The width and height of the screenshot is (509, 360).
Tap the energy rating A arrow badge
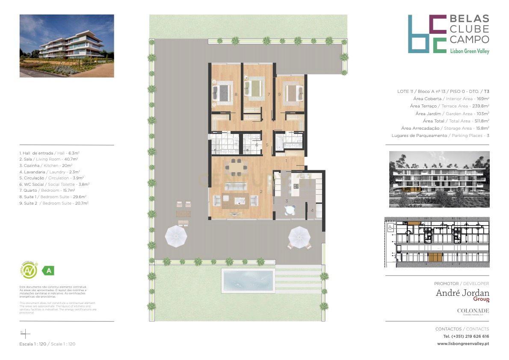[48, 271]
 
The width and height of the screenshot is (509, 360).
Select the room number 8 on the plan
[236, 94]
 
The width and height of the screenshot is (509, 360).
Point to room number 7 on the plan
[269, 94]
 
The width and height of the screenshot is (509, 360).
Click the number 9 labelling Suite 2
[279, 94]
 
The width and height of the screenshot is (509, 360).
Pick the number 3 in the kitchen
[287, 201]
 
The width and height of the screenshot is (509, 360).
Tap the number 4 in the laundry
[312, 210]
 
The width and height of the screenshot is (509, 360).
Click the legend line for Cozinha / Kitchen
[46, 165]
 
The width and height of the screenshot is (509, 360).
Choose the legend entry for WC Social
[54, 184]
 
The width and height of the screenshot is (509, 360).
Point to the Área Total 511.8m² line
[456, 121]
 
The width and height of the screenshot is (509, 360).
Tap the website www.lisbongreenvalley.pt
[463, 343]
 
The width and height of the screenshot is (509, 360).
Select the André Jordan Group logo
[462, 294]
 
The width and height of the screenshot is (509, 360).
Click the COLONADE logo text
[473, 311]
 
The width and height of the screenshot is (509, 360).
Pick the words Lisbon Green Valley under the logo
[470, 51]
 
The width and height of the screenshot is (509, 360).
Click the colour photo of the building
[67, 46]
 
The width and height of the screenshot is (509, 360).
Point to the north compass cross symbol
[25, 333]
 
